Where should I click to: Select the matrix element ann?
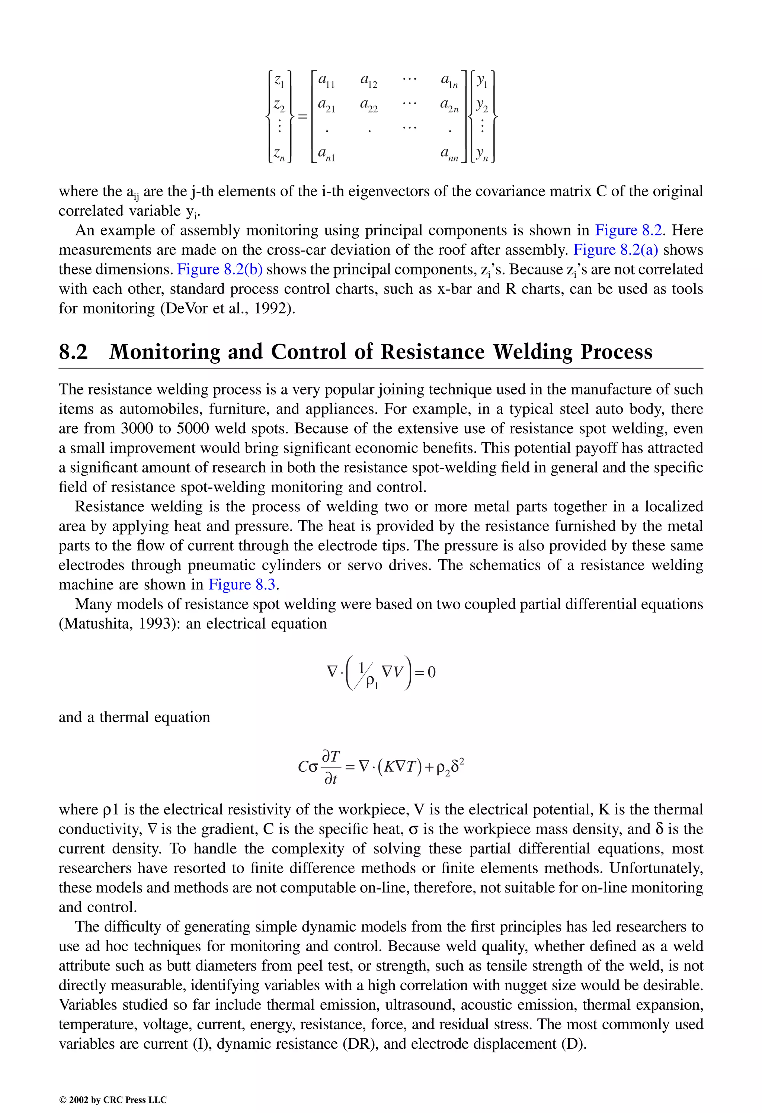tap(449, 155)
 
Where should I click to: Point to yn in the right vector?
tap(482, 155)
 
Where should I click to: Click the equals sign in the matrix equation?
tap(302, 116)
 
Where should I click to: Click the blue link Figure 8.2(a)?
tap(615, 250)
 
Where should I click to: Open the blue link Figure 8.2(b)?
tap(220, 270)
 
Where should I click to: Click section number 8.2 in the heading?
tap(73, 352)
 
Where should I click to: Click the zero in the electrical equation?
tap(431, 672)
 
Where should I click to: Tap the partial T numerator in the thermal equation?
tap(331, 757)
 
